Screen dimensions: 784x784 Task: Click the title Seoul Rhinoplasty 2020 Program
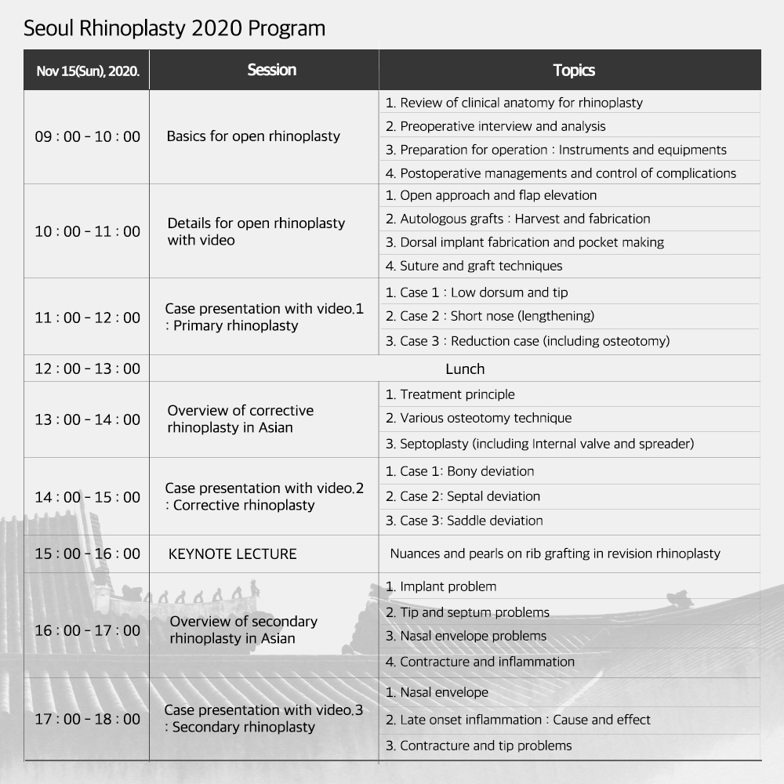pos(174,29)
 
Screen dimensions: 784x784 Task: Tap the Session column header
pos(271,70)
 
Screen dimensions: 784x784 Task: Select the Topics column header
pos(573,71)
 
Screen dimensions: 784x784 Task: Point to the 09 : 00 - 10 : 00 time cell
pos(87,136)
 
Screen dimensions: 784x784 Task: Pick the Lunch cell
pos(465,368)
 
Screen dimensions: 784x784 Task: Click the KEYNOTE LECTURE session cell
pos(233,554)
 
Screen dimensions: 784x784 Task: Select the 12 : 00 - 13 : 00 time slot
pos(87,368)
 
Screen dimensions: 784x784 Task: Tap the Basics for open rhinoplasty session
pos(253,136)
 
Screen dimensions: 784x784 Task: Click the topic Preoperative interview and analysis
pos(503,126)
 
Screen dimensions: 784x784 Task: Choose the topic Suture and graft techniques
pos(481,266)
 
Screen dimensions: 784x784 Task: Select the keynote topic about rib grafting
pos(554,554)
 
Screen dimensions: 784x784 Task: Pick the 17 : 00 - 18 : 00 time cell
pos(87,719)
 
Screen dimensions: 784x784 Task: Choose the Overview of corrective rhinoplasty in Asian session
pos(241,419)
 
